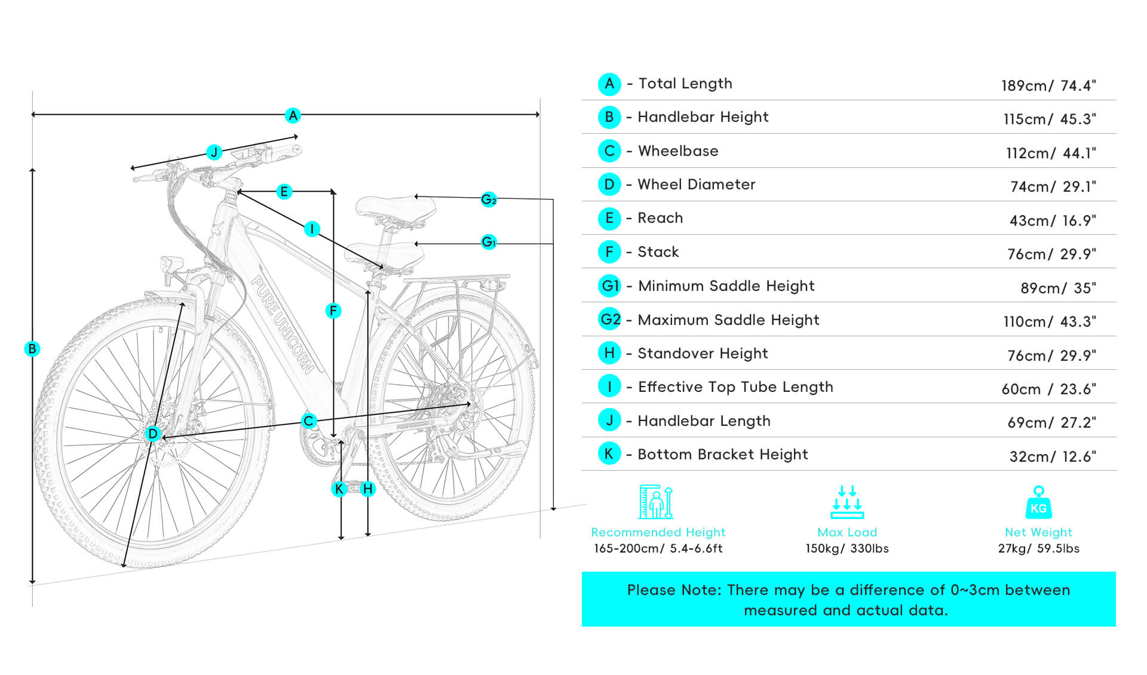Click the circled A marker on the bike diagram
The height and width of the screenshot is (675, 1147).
pyautogui.click(x=293, y=115)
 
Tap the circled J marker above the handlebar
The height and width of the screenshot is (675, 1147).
pyautogui.click(x=214, y=152)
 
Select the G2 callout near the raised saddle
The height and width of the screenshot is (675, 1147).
pyautogui.click(x=489, y=200)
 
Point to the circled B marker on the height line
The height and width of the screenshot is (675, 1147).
pyautogui.click(x=32, y=349)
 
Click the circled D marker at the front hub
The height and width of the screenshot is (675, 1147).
pyautogui.click(x=153, y=434)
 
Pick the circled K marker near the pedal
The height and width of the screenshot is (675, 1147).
pyautogui.click(x=339, y=489)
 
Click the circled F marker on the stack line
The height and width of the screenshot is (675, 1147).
pyautogui.click(x=333, y=311)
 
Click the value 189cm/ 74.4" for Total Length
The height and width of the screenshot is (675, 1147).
pyautogui.click(x=1048, y=85)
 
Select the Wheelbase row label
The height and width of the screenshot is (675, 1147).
pyautogui.click(x=678, y=151)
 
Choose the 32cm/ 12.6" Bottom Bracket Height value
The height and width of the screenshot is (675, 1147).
pyautogui.click(x=1053, y=456)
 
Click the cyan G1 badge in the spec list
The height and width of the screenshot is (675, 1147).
pyautogui.click(x=610, y=286)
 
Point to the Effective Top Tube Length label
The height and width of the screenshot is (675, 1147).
pyautogui.click(x=735, y=387)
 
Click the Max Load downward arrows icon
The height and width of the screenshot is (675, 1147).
pyautogui.click(x=847, y=502)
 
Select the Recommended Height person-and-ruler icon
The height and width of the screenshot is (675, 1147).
pyautogui.click(x=657, y=502)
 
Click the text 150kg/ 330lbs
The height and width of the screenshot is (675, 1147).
pyautogui.click(x=847, y=548)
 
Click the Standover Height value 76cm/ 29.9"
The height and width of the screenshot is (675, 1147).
pyautogui.click(x=1051, y=355)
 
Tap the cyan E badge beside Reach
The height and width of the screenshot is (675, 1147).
pyautogui.click(x=609, y=218)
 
